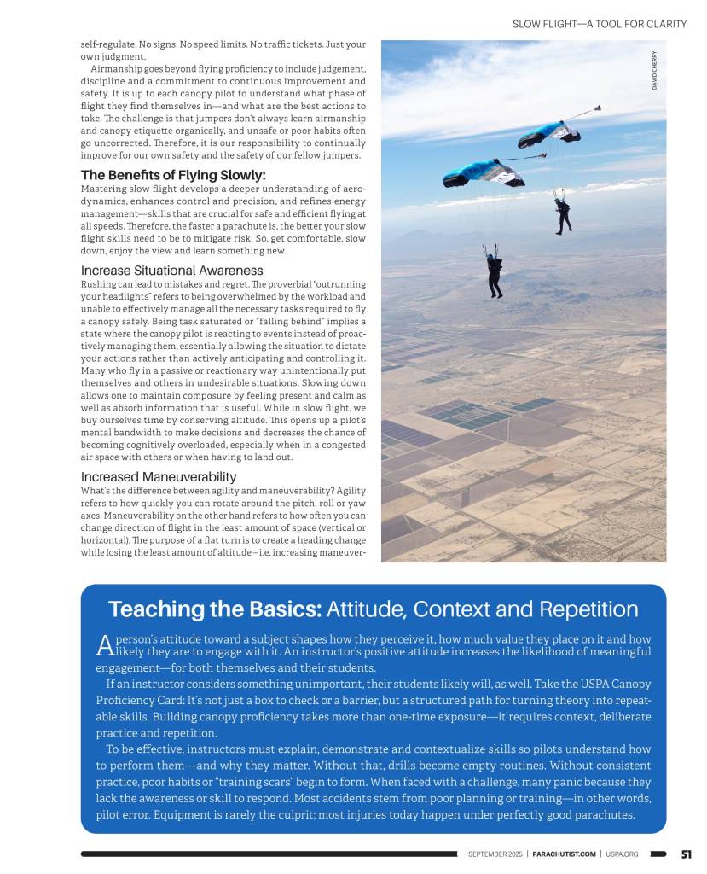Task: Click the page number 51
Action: pyautogui.click(x=686, y=854)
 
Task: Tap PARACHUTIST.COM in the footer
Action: pyautogui.click(x=564, y=854)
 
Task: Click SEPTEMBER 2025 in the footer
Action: pyautogui.click(x=495, y=854)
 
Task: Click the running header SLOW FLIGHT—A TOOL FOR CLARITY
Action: pyautogui.click(x=599, y=24)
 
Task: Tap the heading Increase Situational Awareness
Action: pyautogui.click(x=171, y=270)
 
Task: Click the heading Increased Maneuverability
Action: pyautogui.click(x=159, y=476)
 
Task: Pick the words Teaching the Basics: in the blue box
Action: pyautogui.click(x=214, y=609)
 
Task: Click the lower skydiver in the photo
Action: pyautogui.click(x=495, y=271)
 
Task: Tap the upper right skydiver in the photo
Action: pyautogui.click(x=562, y=213)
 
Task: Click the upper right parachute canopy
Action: pyautogui.click(x=549, y=133)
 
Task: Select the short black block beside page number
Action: pyautogui.click(x=658, y=854)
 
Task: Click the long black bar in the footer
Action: pyautogui.click(x=269, y=854)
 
